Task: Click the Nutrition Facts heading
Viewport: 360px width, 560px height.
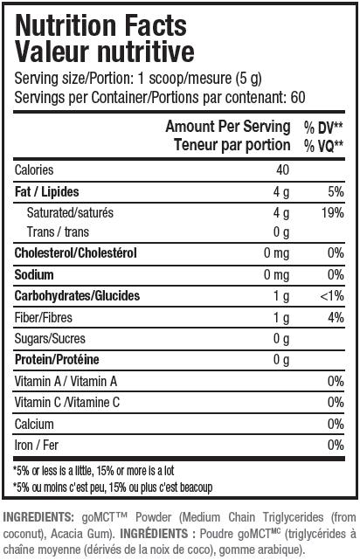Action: point(100,26)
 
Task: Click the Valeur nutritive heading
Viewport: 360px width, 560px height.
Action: point(105,52)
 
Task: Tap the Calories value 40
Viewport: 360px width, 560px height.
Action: point(282,170)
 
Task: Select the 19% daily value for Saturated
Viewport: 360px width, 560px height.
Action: point(333,213)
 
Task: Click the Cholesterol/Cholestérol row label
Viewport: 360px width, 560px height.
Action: point(76,252)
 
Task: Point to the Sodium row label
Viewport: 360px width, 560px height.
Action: point(34,274)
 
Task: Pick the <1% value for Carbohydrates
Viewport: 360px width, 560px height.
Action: point(332,295)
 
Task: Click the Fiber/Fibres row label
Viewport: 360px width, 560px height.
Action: point(43,317)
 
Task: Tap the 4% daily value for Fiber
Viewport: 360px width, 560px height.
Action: point(336,317)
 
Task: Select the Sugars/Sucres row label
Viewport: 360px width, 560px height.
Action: point(50,339)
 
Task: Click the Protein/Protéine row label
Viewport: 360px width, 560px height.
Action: point(57,359)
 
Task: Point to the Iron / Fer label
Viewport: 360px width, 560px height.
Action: point(37,445)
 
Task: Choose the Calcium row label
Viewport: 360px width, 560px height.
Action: point(34,424)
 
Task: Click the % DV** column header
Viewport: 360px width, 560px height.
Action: point(323,128)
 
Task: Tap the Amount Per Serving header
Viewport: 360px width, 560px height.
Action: point(228,127)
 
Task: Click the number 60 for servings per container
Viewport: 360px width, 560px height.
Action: point(298,97)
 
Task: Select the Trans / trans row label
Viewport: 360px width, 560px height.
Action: point(58,232)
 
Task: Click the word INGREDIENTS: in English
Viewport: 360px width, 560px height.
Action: point(38,517)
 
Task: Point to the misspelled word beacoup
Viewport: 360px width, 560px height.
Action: point(196,487)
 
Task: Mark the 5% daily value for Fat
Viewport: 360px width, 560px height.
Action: point(336,192)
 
